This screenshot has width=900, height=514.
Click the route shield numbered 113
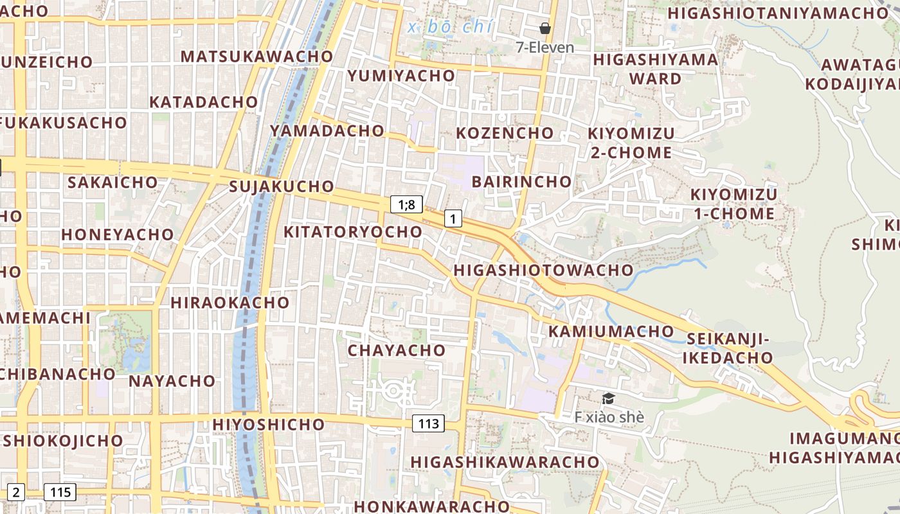click(428, 423)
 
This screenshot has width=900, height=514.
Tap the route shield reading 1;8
click(407, 205)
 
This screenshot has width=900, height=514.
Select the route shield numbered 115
click(60, 493)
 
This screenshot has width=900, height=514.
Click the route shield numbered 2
click(16, 493)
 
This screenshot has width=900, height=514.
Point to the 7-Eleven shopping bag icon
click(545, 28)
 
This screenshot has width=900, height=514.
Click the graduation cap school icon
click(608, 399)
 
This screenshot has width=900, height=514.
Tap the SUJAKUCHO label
click(282, 187)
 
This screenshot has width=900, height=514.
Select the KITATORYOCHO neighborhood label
click(353, 232)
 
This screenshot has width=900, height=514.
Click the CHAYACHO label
click(397, 350)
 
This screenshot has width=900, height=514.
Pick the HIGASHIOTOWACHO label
click(543, 270)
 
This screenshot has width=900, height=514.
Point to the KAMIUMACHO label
click(611, 332)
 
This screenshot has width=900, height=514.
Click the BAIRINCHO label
click(521, 181)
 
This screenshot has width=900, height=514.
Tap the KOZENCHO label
click(505, 133)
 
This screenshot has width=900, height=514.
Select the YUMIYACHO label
click(401, 76)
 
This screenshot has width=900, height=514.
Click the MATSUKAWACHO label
click(256, 56)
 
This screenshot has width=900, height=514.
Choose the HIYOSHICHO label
click(269, 425)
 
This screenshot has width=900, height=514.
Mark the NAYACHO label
click(172, 381)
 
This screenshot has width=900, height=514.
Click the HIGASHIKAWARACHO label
click(505, 462)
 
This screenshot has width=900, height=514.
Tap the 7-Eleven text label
click(545, 47)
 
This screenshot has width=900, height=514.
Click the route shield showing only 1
click(453, 219)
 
